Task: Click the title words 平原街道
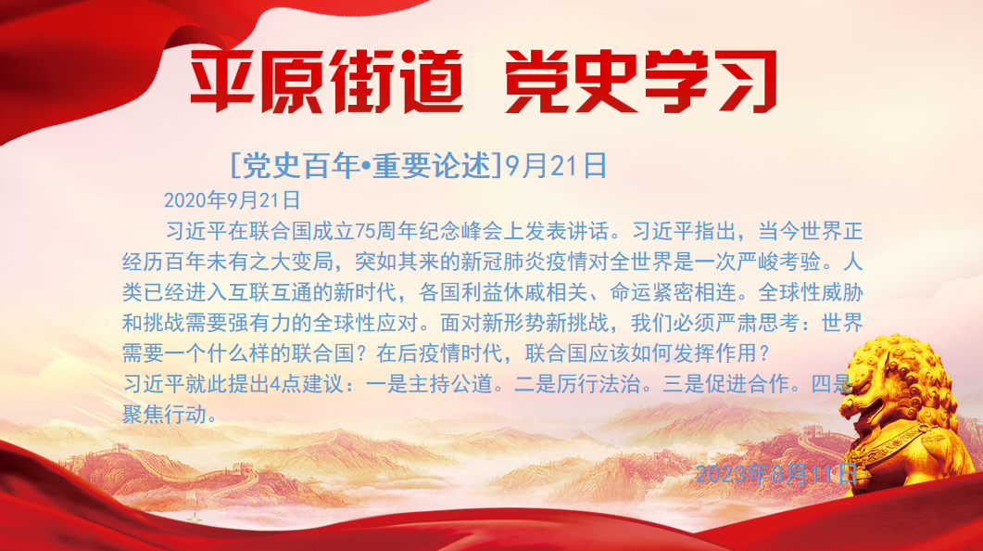coord(327,83)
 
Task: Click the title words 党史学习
coord(641,83)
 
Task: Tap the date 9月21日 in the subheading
coord(556,166)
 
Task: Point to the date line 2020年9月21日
coord(232,200)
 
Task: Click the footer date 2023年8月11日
coord(776,474)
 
